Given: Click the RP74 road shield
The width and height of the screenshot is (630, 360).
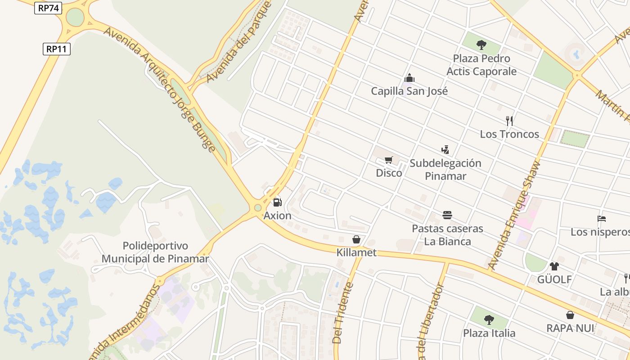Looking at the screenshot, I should pos(48,8).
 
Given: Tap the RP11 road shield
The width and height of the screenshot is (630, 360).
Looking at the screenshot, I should pos(57,49).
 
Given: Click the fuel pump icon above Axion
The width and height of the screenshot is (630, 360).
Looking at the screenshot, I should pos(277,202).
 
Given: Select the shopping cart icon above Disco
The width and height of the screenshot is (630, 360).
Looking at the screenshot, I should pos(389,160).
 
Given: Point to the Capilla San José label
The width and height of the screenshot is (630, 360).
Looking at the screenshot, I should pos(409,91).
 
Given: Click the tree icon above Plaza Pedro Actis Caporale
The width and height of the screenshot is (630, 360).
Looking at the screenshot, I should pos(481,45).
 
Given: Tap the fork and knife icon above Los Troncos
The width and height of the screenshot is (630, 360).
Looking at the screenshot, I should pos(509,121).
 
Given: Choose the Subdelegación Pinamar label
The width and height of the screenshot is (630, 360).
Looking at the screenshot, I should pos(445,169).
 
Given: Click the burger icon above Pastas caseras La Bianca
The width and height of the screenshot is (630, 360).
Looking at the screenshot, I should pos(447,215).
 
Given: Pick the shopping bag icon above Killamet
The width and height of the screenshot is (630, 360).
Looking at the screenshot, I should pos(356,239).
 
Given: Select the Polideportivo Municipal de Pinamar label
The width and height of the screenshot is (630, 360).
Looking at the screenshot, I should pos(155,252).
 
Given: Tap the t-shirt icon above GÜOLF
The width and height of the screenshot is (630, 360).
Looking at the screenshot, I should pos(554,266).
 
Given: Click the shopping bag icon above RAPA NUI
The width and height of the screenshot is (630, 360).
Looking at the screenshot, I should pos(570,315).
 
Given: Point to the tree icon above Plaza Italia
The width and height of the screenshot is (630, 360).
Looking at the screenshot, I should pos(489,320).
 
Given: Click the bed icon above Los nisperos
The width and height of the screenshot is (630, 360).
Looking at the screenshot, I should pos(602,219).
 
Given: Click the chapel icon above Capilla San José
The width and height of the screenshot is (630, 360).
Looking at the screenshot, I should pos(409,78).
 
